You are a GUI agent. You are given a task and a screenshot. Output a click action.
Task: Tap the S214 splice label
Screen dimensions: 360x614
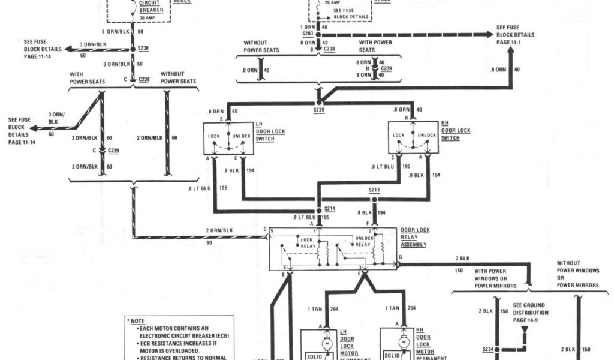click(330, 209)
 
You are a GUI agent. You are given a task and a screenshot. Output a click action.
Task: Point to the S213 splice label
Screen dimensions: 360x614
click(374, 191)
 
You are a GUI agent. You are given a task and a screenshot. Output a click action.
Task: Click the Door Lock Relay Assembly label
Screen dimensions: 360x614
click(414, 238)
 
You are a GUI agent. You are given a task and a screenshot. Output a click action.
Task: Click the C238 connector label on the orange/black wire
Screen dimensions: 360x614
click(145, 79)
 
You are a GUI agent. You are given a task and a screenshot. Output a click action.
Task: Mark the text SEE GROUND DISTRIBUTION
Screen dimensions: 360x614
click(531, 309)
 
